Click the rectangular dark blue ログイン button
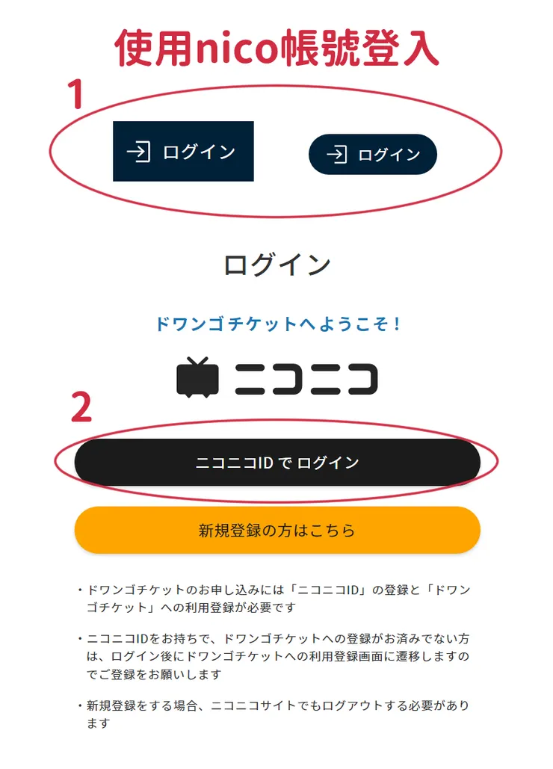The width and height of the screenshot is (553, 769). tap(183, 151)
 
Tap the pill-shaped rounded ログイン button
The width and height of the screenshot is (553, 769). tap(373, 154)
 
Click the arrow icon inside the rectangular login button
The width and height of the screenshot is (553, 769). tap(138, 151)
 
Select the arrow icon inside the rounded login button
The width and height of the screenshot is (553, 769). tap(337, 155)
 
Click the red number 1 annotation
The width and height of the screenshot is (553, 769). tap(75, 93)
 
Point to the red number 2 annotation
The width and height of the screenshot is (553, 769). tap(81, 407)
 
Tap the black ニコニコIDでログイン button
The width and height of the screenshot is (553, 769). tap(277, 463)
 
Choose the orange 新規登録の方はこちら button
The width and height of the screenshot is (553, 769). tap(277, 530)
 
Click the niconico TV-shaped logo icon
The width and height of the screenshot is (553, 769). tap(197, 377)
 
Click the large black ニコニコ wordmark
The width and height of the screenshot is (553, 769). tap(306, 379)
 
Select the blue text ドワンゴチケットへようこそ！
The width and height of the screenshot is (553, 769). tap(277, 324)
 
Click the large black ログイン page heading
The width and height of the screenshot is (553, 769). tap(277, 265)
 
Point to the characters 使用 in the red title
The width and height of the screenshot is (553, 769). tap(154, 48)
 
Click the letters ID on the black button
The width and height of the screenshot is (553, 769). tap(265, 463)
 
